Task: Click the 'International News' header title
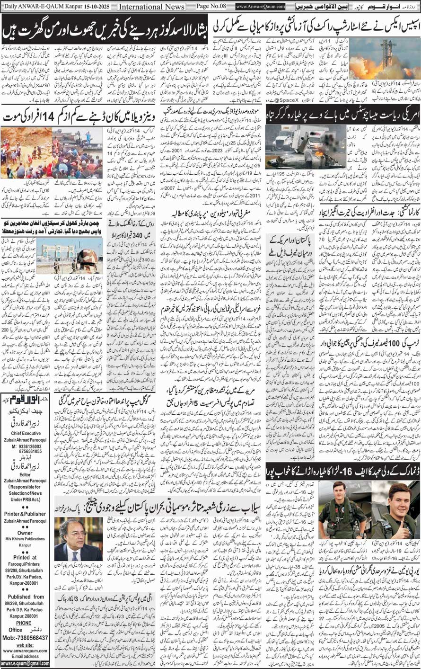click(x=151, y=7)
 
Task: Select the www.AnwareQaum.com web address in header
click(x=261, y=7)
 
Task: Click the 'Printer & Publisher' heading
click(x=25, y=514)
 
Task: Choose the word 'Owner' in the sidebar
click(x=25, y=533)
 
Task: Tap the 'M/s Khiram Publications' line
click(x=25, y=539)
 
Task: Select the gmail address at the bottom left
click(x=25, y=663)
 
